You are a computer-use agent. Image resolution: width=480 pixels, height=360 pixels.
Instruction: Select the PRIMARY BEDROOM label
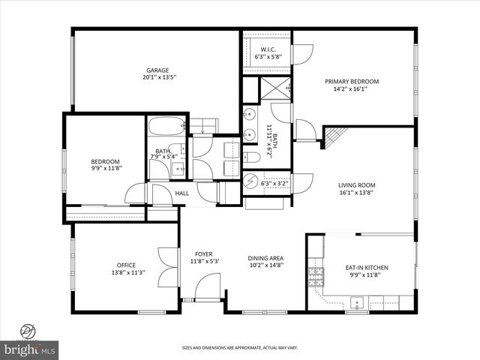pyautogui.click(x=351, y=82)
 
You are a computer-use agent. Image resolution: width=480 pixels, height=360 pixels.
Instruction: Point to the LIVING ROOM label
pyautogui.click(x=356, y=184)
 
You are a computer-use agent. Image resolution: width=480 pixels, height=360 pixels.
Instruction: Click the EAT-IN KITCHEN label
pyautogui.click(x=366, y=268)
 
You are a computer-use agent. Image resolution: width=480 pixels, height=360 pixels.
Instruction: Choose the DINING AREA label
pyautogui.click(x=266, y=258)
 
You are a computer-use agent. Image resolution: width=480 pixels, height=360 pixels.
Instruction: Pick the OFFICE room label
pyautogui.click(x=125, y=265)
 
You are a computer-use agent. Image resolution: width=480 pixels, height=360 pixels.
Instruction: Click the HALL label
pyautogui.click(x=182, y=193)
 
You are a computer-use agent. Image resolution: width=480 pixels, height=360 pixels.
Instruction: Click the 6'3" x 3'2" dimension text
pyautogui.click(x=274, y=183)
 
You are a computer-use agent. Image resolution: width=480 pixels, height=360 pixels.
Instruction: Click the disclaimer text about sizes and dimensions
pyautogui.click(x=240, y=348)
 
